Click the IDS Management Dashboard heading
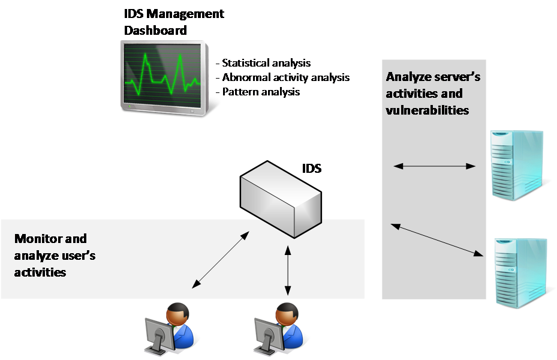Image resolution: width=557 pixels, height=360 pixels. pos(174,22)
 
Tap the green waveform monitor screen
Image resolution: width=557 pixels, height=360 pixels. pos(162,76)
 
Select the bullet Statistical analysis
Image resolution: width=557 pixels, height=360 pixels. pos(263,63)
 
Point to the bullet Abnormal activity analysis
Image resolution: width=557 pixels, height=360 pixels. pos(283,77)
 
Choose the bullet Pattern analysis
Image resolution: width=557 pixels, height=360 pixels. pos(258,92)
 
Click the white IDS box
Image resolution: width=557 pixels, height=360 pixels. pos(281,199)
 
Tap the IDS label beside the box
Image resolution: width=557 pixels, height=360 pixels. pos(312,168)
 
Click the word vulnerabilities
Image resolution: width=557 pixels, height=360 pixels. pos(427,110)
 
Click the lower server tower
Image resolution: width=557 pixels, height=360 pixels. pos(521,273)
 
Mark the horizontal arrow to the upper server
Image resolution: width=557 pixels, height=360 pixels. pos(435,166)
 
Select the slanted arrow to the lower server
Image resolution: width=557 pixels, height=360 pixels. pos(437,239)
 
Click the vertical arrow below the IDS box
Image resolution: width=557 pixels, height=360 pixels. pos(288,271)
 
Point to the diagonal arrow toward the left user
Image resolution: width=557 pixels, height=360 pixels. pos(221,259)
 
